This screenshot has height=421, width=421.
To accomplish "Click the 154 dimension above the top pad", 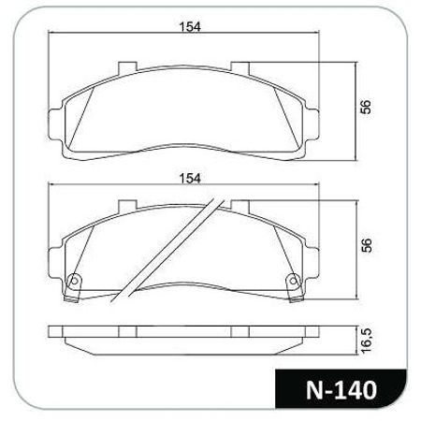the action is coord(190,27).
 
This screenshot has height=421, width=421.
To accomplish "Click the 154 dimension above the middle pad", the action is coord(190,179).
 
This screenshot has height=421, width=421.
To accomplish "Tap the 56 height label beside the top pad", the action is coord(366,107).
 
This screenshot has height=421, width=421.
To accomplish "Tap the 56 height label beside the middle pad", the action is coord(366,245).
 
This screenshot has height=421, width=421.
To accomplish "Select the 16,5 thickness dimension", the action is coord(367,341).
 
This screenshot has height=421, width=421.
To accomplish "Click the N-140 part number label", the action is coord(341,390).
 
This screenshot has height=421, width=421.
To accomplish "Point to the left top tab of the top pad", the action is coord(127,68).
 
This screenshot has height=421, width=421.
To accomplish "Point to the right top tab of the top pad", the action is coord(240,68).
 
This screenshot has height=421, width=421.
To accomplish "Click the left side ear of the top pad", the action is coord(56,124).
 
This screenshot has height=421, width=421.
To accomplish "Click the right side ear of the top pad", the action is coord(312,124).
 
